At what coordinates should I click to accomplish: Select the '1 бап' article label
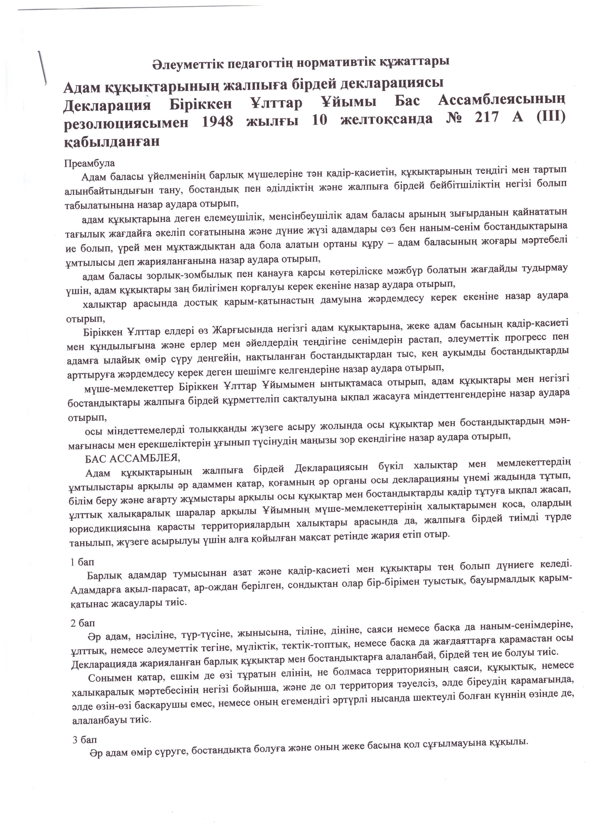[x=82, y=562]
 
